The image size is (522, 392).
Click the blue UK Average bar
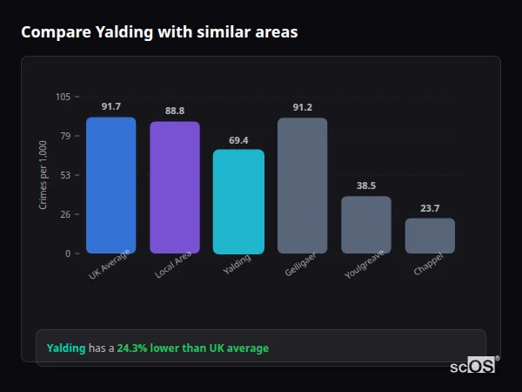pyautogui.click(x=110, y=186)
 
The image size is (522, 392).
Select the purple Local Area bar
pyautogui.click(x=175, y=187)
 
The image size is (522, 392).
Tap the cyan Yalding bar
pyautogui.click(x=238, y=201)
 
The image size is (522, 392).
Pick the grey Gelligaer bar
pyautogui.click(x=302, y=186)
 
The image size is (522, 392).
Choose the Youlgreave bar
pyautogui.click(x=366, y=225)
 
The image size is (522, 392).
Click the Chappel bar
pyautogui.click(x=430, y=235)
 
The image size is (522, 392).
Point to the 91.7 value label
pyautogui.click(x=110, y=106)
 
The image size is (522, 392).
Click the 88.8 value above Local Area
pyautogui.click(x=175, y=111)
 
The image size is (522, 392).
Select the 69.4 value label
pyautogui.click(x=238, y=139)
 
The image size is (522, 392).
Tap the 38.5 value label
pyautogui.click(x=366, y=186)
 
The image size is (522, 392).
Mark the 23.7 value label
pyautogui.click(x=430, y=207)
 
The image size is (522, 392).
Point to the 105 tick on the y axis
pyautogui.click(x=64, y=97)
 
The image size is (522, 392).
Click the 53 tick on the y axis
pyautogui.click(x=65, y=175)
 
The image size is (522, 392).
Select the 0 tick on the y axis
pyautogui.click(x=68, y=253)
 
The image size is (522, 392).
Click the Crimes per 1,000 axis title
pyautogui.click(x=43, y=175)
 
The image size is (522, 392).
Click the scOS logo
pyautogui.click(x=472, y=366)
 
